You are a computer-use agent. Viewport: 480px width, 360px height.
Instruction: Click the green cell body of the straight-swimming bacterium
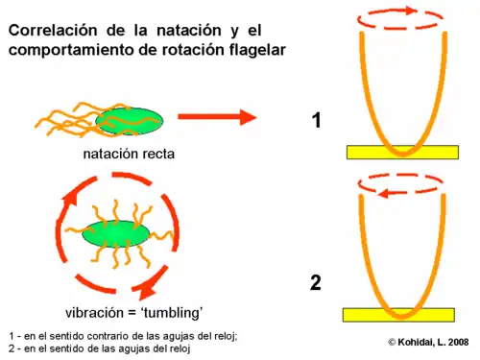click(x=127, y=121)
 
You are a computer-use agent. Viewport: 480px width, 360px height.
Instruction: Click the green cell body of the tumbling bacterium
click(x=115, y=234)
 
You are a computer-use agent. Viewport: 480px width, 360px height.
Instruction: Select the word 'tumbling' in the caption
click(x=172, y=311)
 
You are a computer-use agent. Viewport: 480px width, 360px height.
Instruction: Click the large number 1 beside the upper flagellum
click(x=316, y=122)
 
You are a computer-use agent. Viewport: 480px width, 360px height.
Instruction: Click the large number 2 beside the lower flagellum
click(x=315, y=283)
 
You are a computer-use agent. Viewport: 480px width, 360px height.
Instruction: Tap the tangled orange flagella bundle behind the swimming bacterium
click(x=65, y=121)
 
